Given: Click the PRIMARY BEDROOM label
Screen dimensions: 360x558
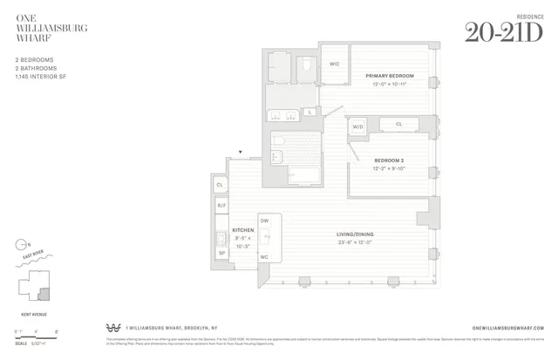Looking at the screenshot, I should [x=390, y=77].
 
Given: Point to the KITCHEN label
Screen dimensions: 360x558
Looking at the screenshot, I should [x=218, y=230].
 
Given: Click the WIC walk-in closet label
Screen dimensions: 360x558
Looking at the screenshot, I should [x=335, y=64].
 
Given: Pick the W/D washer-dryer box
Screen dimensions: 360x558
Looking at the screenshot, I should [x=357, y=127].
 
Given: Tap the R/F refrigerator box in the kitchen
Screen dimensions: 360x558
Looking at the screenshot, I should [x=221, y=206].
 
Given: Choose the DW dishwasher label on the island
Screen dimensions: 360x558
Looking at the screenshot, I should [x=264, y=221].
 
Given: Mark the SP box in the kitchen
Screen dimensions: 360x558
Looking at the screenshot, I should [x=221, y=253].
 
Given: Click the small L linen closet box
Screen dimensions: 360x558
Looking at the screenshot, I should [x=310, y=112].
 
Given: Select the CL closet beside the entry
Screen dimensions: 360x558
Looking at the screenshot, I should [x=221, y=185].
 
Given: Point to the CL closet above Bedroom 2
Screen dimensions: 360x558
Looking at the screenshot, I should [x=399, y=125].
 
